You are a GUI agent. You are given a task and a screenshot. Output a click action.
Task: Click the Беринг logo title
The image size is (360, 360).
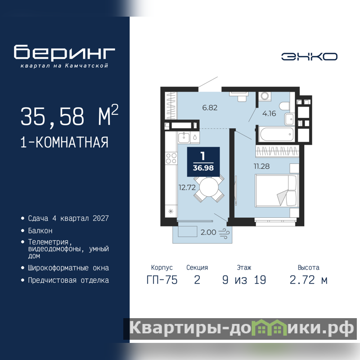coord(64,52)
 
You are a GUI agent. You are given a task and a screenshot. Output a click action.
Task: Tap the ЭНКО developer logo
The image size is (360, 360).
coord(309,57)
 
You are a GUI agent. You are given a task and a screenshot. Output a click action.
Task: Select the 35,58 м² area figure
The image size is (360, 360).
coord(69,116)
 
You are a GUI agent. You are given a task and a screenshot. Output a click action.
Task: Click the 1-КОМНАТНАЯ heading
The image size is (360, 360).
coord(64,142)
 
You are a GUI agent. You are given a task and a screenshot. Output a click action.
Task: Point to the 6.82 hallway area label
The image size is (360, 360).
coord(210,108)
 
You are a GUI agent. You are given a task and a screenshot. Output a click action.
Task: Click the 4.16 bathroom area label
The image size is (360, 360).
coord(269,113)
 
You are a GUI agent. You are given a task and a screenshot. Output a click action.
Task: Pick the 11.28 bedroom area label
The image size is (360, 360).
coord(261,166)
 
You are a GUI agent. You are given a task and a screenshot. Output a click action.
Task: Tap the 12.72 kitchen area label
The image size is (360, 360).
coord(187,188)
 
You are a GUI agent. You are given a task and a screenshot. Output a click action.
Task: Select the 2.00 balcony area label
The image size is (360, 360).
coord(208,232)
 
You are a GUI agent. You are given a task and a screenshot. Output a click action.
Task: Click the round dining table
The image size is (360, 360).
coord(209,188)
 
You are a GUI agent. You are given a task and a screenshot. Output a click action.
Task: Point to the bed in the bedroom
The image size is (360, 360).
coord(277,190)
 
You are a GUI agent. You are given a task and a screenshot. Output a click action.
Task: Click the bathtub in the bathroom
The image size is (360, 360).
coord(277,134)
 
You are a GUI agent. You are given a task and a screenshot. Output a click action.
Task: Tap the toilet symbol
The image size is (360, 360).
coord(285,106)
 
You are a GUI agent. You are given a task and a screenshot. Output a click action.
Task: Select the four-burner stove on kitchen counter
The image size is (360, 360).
coord(171,158)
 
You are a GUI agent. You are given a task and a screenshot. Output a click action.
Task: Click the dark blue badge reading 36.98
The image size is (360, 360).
coord(203,162)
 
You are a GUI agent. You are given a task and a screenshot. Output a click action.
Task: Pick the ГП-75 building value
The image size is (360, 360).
coord(162,280)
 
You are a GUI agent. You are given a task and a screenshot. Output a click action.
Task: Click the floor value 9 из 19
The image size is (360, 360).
coord(244,280)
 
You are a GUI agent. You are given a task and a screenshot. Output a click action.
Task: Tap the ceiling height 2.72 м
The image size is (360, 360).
coord(308,280)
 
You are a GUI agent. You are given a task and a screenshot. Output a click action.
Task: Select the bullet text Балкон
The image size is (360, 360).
coord(40,230)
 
